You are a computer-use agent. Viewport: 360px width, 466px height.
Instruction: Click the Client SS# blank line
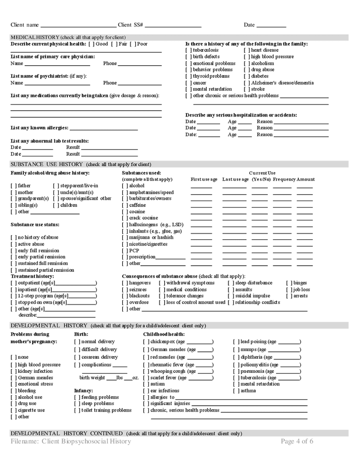[173, 25]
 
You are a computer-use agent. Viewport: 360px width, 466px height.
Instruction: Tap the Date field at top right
[271, 25]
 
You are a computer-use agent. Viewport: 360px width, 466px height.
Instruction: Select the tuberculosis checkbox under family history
[189, 51]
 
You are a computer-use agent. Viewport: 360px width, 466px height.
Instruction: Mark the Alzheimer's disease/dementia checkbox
[247, 83]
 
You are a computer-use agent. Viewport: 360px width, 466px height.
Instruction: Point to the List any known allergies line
[104, 128]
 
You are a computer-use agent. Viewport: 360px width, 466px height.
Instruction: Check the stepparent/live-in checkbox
[56, 186]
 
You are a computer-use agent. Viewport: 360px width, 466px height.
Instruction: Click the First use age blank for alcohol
[201, 186]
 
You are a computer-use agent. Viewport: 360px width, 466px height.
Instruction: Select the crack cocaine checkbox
[125, 218]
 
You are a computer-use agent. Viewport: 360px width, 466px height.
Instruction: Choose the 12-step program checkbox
[13, 296]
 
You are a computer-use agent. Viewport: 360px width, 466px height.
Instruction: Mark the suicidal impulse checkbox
[231, 296]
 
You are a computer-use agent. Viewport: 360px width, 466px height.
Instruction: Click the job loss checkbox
[289, 290]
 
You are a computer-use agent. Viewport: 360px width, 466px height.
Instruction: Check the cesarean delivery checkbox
[77, 357]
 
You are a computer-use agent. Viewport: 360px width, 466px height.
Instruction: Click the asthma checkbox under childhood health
[236, 391]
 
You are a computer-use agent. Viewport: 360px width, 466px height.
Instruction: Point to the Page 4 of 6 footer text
[297, 442]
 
